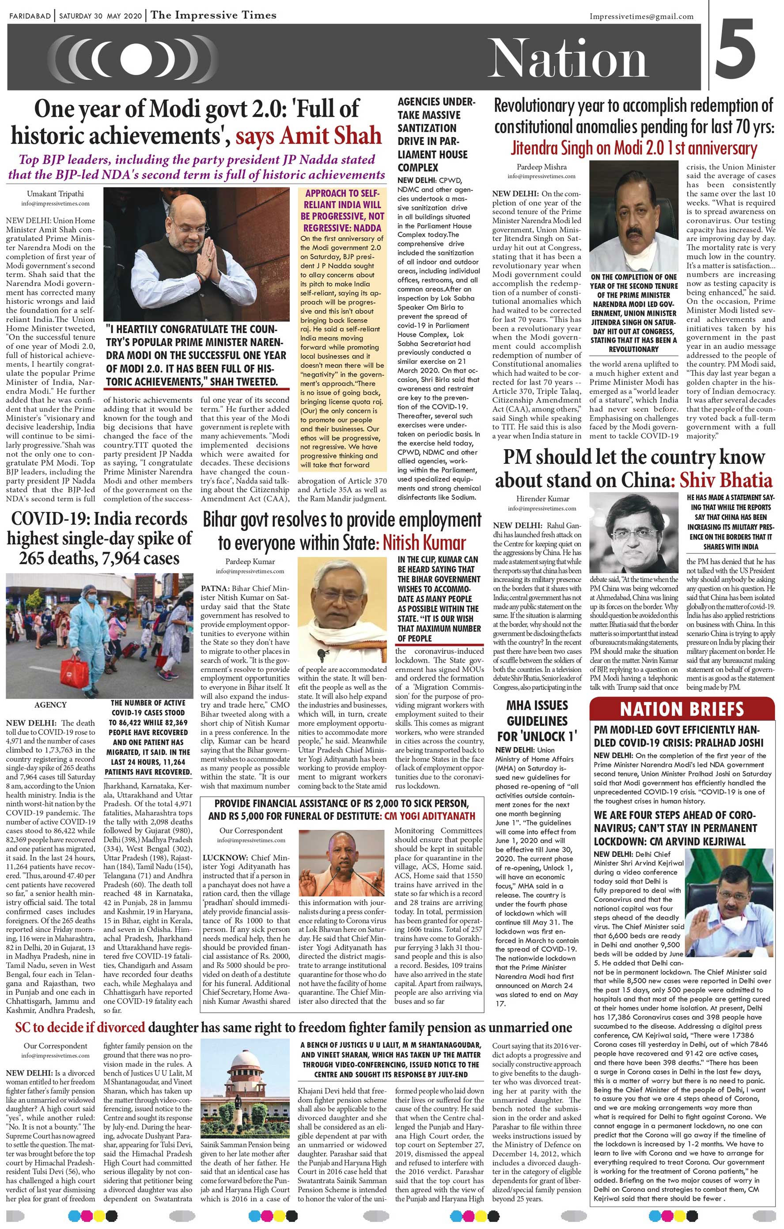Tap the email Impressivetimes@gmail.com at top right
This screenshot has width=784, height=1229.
click(x=641, y=16)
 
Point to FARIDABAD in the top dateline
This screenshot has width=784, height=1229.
click(x=30, y=16)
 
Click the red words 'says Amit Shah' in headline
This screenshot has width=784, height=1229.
click(x=309, y=135)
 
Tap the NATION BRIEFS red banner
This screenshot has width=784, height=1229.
click(x=682, y=709)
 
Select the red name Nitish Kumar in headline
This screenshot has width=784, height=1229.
click(x=424, y=542)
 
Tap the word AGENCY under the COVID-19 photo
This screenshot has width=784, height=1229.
click(x=50, y=705)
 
